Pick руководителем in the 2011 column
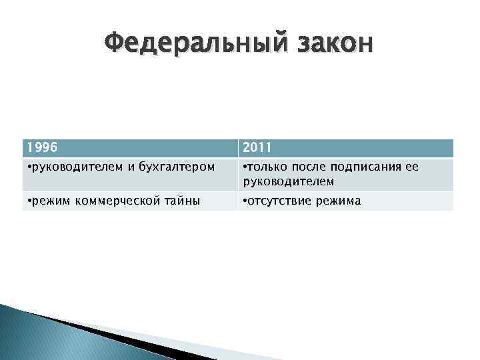[x=287, y=181]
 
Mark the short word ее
[x=412, y=167]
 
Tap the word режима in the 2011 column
[x=340, y=201]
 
